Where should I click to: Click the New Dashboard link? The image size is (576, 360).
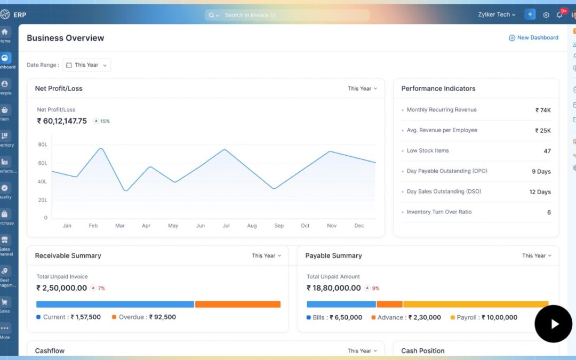pyautogui.click(x=533, y=38)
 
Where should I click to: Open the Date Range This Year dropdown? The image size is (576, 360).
pyautogui.click(x=86, y=65)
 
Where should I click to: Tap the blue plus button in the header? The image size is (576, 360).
pyautogui.click(x=530, y=14)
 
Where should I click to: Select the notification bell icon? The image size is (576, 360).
pyautogui.click(x=559, y=15)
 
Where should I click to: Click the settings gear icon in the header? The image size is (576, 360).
pyautogui.click(x=546, y=15)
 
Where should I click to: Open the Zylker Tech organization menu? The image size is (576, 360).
pyautogui.click(x=497, y=14)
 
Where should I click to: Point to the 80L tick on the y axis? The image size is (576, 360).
pyautogui.click(x=42, y=145)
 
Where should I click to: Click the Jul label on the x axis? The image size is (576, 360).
pyautogui.click(x=226, y=226)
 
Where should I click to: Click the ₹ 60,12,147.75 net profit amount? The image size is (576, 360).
pyautogui.click(x=62, y=121)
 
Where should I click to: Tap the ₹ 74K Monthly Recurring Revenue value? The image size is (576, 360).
pyautogui.click(x=543, y=110)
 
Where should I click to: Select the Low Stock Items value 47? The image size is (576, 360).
pyautogui.click(x=547, y=151)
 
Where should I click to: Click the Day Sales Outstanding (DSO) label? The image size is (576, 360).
pyautogui.click(x=444, y=191)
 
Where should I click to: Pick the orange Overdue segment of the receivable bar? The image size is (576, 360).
pyautogui.click(x=237, y=304)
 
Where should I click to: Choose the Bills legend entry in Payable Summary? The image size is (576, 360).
pyautogui.click(x=334, y=317)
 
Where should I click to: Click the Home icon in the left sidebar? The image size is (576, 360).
pyautogui.click(x=5, y=33)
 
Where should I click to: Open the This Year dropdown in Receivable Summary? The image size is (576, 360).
pyautogui.click(x=266, y=256)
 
